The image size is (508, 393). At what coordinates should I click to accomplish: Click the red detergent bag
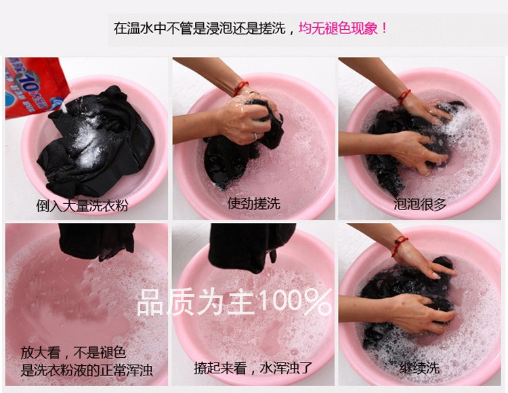(x=34, y=86)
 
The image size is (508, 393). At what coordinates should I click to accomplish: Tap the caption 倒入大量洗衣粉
(x=82, y=205)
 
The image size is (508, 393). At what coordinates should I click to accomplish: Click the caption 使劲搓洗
(x=254, y=203)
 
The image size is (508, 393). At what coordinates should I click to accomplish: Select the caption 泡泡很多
(x=420, y=204)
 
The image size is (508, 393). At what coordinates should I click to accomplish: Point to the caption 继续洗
(x=419, y=368)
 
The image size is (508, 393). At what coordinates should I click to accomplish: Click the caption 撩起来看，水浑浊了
(x=253, y=368)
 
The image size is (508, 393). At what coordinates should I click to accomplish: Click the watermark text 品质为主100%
(x=235, y=302)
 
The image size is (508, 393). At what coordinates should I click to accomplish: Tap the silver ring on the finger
(x=255, y=136)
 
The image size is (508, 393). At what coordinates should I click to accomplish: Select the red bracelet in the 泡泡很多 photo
(x=404, y=96)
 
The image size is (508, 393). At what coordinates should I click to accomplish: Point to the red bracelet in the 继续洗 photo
(x=400, y=245)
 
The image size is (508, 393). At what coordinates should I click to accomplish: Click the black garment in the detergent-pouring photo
(x=97, y=142)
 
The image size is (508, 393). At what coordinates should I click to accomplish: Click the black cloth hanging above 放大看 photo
(x=97, y=241)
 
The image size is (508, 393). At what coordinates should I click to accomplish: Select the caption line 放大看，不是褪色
(x=74, y=352)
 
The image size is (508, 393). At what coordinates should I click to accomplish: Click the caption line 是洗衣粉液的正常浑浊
(x=87, y=370)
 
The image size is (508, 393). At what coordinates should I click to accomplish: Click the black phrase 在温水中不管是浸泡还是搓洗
(x=199, y=28)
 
